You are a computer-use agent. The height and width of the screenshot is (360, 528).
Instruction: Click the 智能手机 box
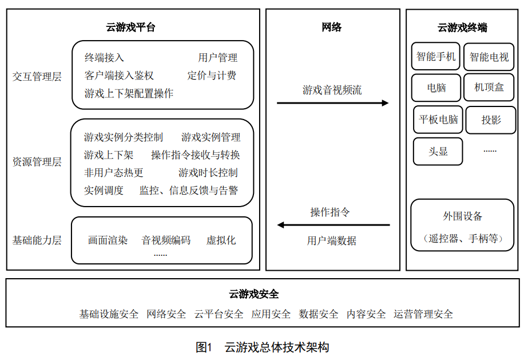436,57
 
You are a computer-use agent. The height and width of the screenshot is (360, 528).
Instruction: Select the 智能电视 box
489,57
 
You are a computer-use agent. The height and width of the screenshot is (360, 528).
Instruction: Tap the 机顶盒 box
489,88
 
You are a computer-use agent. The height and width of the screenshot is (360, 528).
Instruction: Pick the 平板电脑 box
438,119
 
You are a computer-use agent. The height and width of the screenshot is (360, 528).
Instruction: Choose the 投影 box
491,120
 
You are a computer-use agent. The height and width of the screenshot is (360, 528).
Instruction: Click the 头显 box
438,151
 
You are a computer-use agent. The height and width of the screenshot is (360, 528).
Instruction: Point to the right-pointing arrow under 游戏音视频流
333,103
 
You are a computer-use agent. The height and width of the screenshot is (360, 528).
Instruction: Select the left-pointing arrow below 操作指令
334,225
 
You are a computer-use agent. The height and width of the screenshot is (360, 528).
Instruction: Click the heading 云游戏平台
130,27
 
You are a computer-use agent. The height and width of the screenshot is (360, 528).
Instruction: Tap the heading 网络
332,27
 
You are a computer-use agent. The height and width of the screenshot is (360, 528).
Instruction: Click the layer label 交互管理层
37,76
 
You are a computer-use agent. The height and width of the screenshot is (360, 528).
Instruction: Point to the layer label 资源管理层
37,162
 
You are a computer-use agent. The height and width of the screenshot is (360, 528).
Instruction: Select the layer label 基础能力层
37,240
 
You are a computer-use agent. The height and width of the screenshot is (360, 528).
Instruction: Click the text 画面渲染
108,240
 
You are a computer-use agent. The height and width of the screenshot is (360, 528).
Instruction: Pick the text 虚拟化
221,240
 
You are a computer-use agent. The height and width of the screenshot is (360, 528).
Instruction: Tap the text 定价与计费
212,75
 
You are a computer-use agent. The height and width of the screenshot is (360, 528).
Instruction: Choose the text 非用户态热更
114,172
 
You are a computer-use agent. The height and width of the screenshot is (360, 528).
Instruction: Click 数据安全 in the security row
319,314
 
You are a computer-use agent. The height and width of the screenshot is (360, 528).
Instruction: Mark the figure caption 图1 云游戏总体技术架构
263,347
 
